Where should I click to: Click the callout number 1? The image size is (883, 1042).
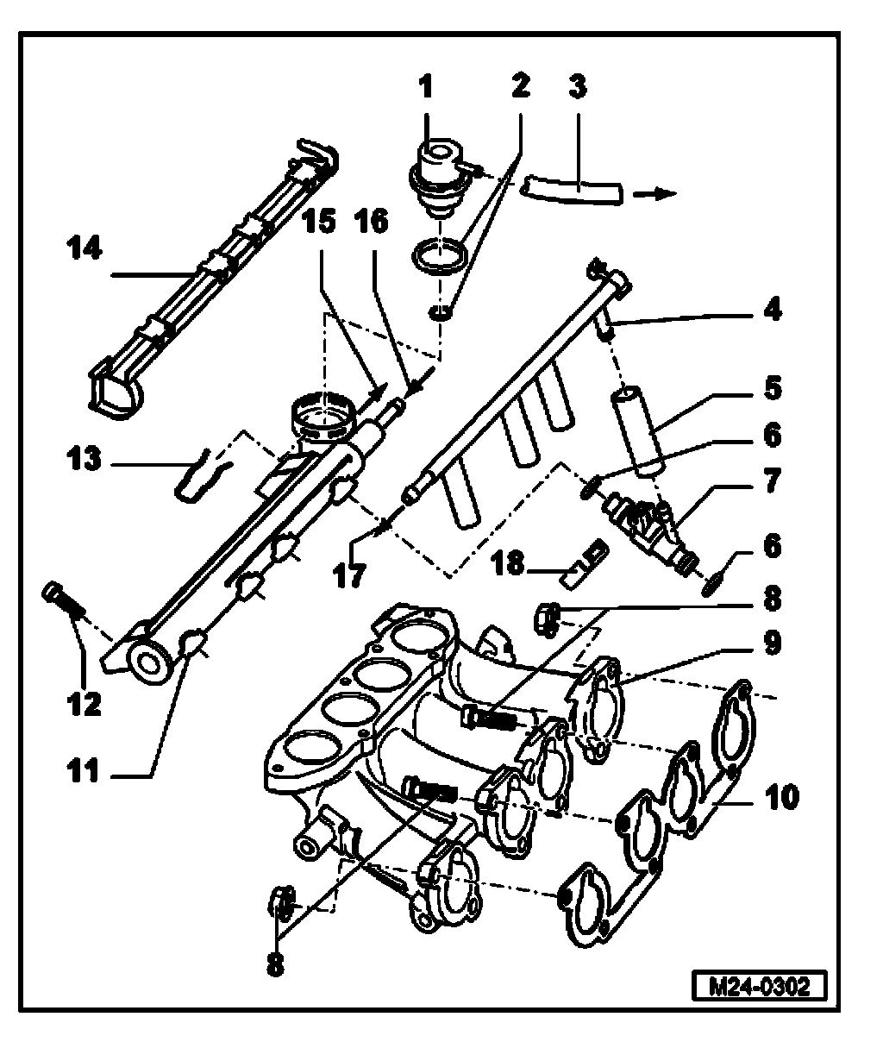pos(425,87)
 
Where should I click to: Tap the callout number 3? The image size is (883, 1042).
pos(577,87)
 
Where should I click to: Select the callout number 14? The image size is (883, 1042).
pos(86,250)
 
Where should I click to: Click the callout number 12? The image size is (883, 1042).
pos(86,704)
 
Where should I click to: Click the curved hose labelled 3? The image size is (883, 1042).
pos(571,190)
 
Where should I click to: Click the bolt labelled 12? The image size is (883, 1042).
pos(62,600)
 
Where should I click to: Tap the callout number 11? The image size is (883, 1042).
pos(85,772)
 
